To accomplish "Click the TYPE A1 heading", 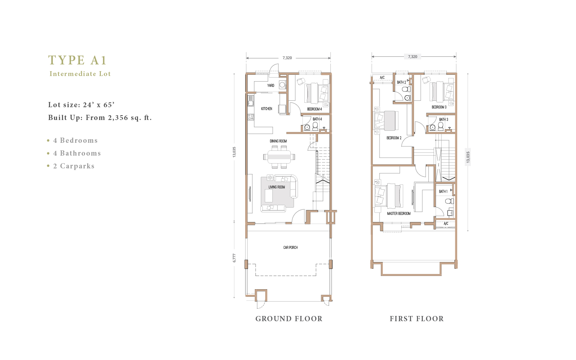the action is tap(77, 60).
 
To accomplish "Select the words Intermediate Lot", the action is tap(80, 74).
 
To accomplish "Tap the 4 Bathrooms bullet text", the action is tap(77, 153).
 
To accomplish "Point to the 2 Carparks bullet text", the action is tap(74, 166).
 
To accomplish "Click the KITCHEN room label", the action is tap(267, 109).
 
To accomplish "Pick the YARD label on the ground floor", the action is tap(270, 85).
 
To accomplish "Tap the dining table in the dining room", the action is tap(279, 157).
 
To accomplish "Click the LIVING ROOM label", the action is tap(277, 187).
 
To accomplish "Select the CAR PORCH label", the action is tap(290, 247).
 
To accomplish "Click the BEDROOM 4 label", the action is tap(314, 109).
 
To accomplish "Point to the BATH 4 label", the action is tap(317, 119).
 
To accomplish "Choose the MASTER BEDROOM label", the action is tap(399, 214).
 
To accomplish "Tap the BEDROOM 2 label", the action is tap(394, 138).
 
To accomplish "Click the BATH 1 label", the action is tap(443, 191).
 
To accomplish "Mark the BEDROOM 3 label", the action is tap(439, 107).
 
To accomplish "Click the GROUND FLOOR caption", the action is tap(289, 319).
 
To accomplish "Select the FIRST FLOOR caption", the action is tap(416, 319).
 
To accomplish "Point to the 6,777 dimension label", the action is tap(234, 258).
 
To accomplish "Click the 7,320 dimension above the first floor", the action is tap(413, 56).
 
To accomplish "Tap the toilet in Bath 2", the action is tap(406, 89).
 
